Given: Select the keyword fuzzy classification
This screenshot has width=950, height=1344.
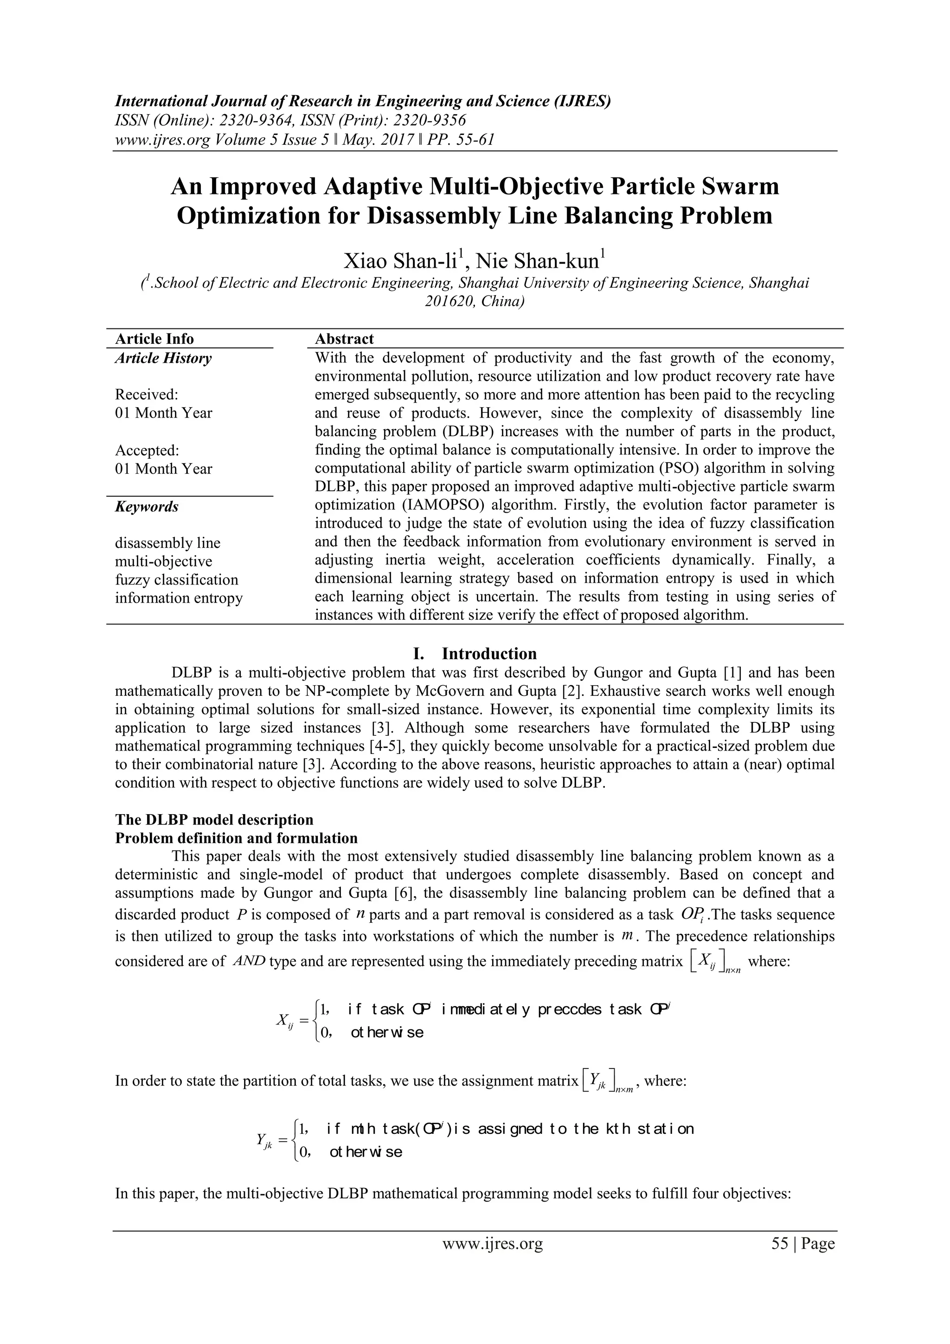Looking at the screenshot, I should point(177,579).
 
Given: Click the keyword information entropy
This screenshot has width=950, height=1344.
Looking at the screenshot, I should point(179,598).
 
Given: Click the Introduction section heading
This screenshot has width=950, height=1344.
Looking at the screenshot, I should point(489,653).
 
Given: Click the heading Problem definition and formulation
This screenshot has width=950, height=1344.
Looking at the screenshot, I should point(236,838).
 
